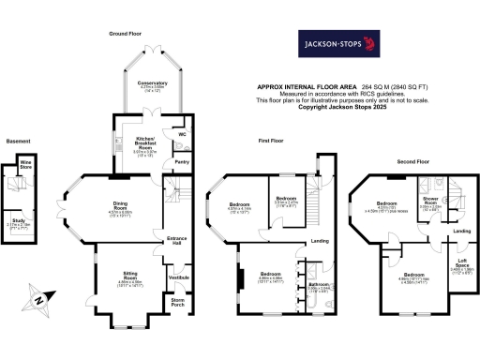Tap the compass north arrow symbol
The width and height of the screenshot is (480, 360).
pos(37,300)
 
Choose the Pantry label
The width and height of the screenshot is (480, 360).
pos(182,161)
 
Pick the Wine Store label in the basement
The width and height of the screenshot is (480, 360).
pos(27,167)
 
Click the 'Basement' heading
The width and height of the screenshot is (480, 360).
pos(18,141)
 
